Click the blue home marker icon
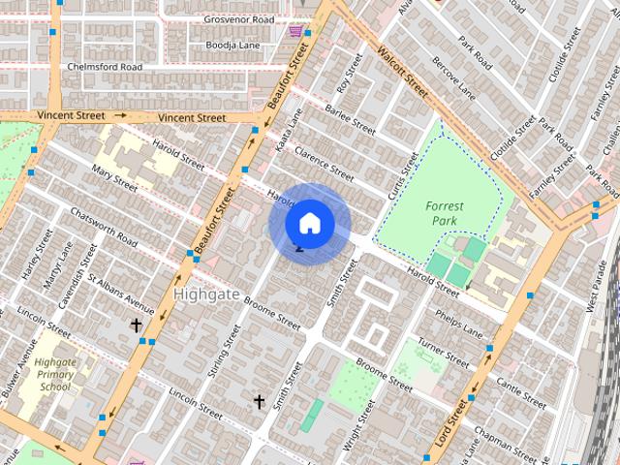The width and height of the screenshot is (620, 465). pyautogui.click(x=309, y=223)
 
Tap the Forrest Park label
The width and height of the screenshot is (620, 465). pyautogui.click(x=445, y=213)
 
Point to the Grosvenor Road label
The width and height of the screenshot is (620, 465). pyautogui.click(x=237, y=19)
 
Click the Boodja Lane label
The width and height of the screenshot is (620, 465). pyautogui.click(x=232, y=44)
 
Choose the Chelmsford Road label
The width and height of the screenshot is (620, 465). pyautogui.click(x=105, y=67)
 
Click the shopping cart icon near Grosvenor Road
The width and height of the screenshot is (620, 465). pyautogui.click(x=294, y=31)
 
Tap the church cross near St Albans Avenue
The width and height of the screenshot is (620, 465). pyautogui.click(x=137, y=325)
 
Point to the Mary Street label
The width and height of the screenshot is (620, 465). pyautogui.click(x=114, y=178)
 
